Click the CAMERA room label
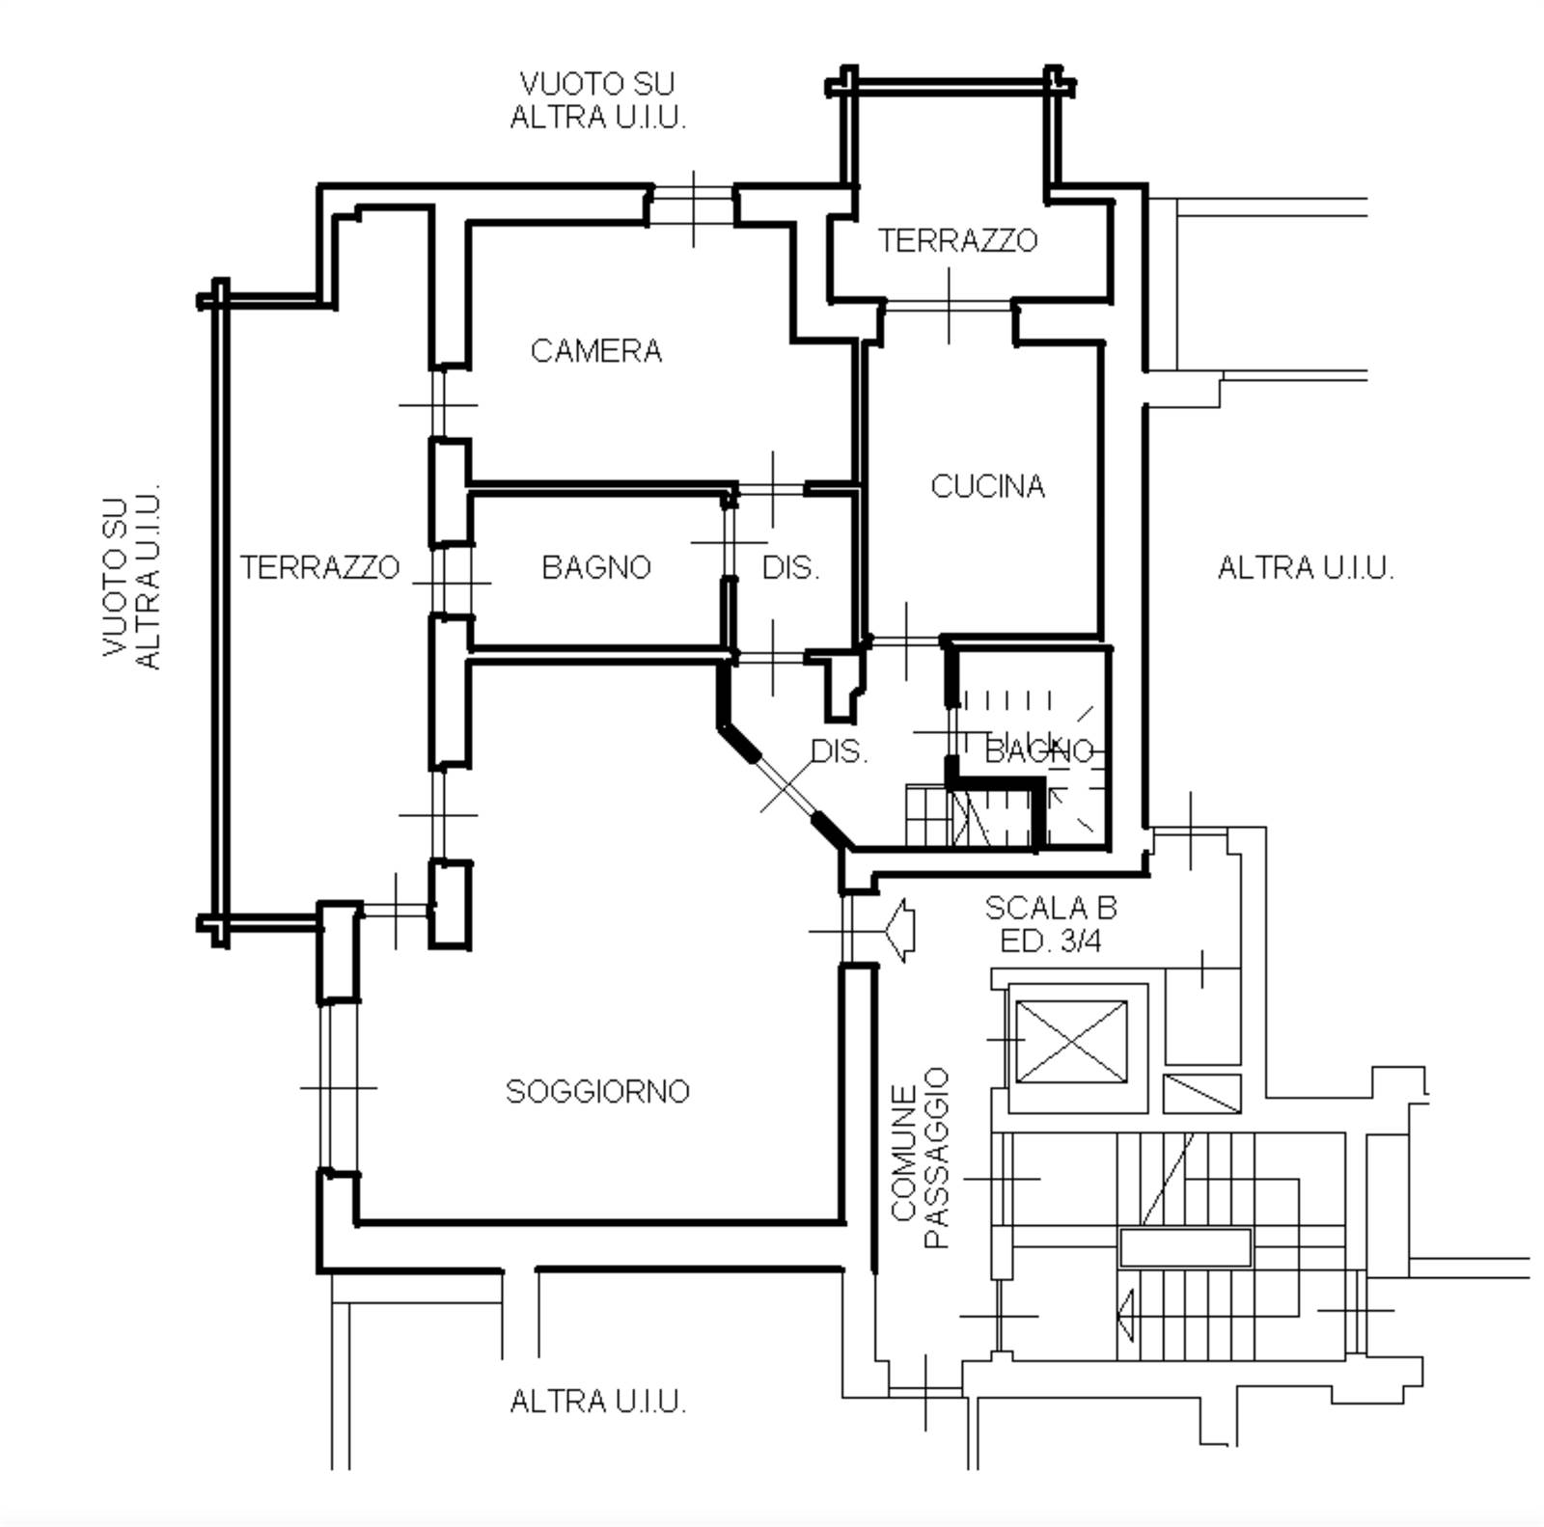(596, 351)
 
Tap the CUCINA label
(987, 486)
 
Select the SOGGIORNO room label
(597, 1091)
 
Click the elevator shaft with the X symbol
(1071, 1042)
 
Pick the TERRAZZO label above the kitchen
(957, 240)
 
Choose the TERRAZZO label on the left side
(319, 567)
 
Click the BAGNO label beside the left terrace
(596, 567)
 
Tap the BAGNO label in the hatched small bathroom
(1039, 751)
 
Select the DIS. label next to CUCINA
(790, 568)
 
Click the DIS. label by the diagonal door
(839, 751)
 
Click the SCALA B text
(1050, 908)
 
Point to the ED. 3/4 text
(1050, 941)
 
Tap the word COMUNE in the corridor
(903, 1153)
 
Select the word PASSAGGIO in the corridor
(937, 1158)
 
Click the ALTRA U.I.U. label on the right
(1305, 568)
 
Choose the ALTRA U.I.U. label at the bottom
(597, 1401)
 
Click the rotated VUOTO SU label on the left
(116, 577)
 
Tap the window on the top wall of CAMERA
(693, 205)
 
